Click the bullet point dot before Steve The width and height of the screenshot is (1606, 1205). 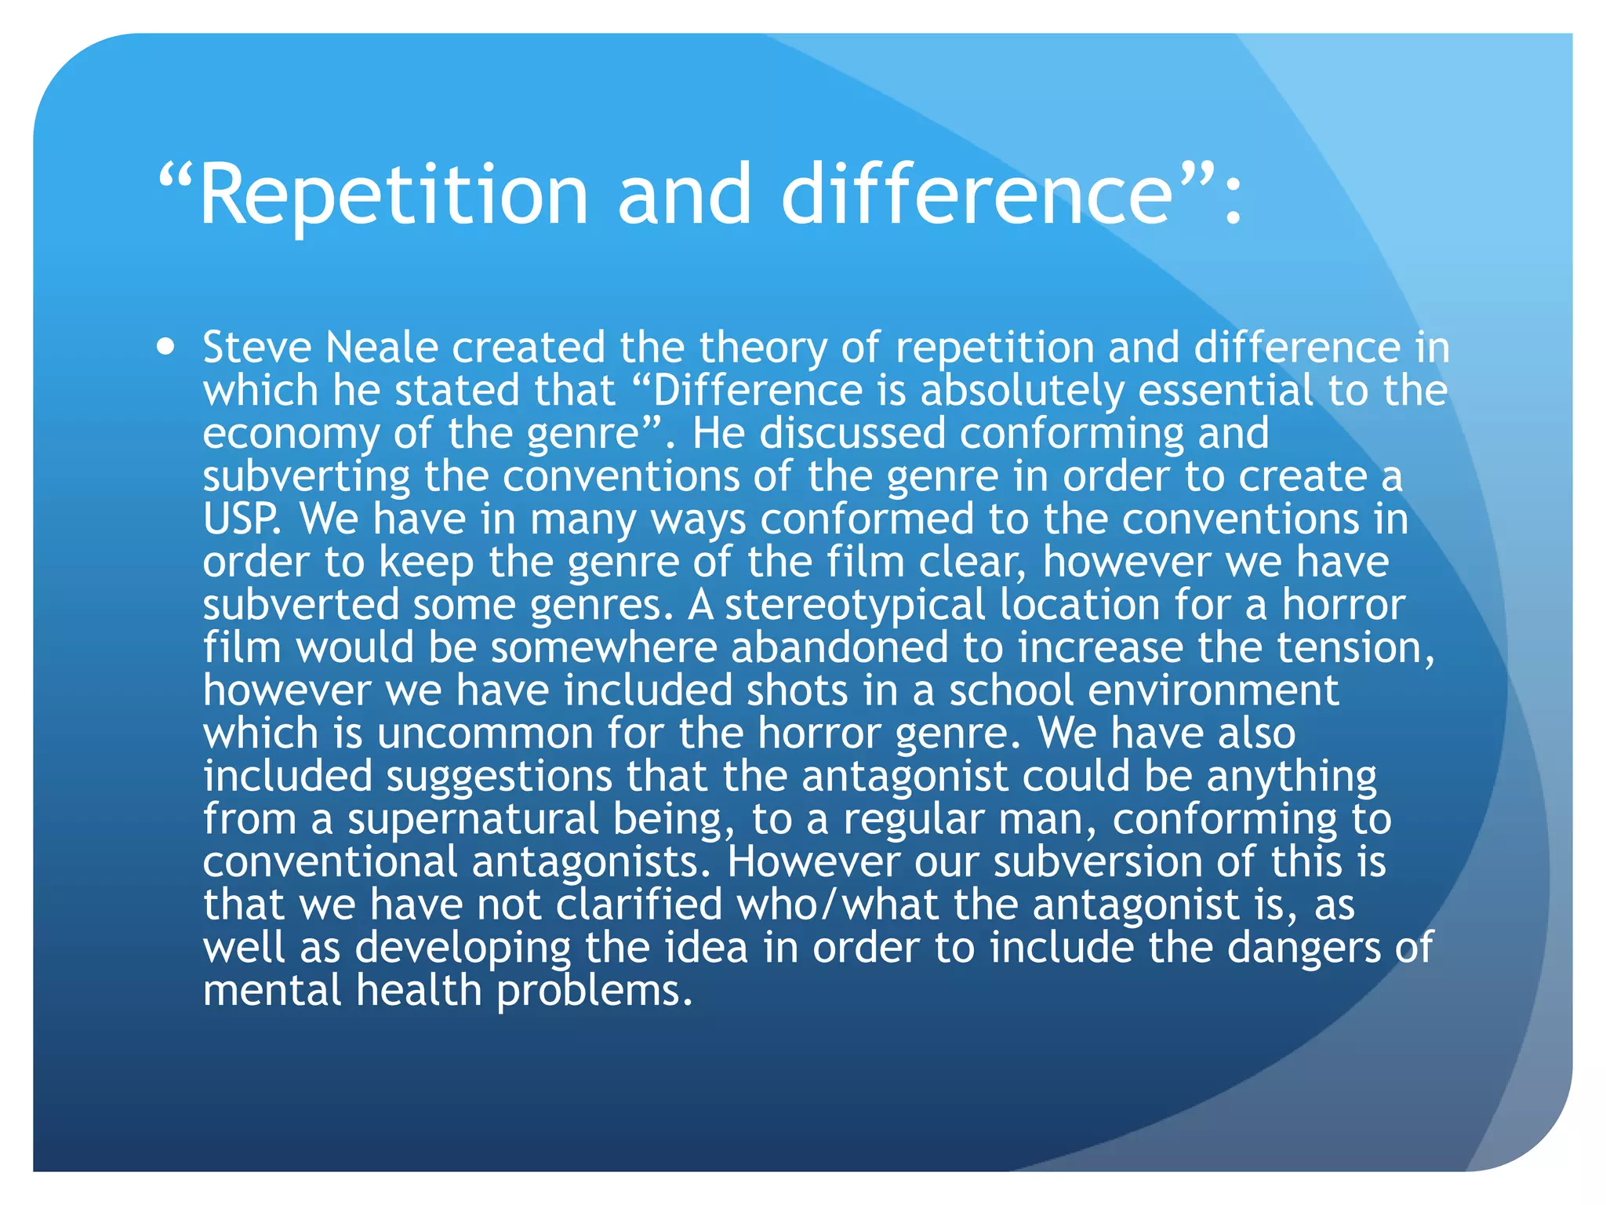165,347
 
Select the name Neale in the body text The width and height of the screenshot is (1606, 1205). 381,347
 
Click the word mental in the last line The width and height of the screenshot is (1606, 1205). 271,990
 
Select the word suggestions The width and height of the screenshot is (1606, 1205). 499,777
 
